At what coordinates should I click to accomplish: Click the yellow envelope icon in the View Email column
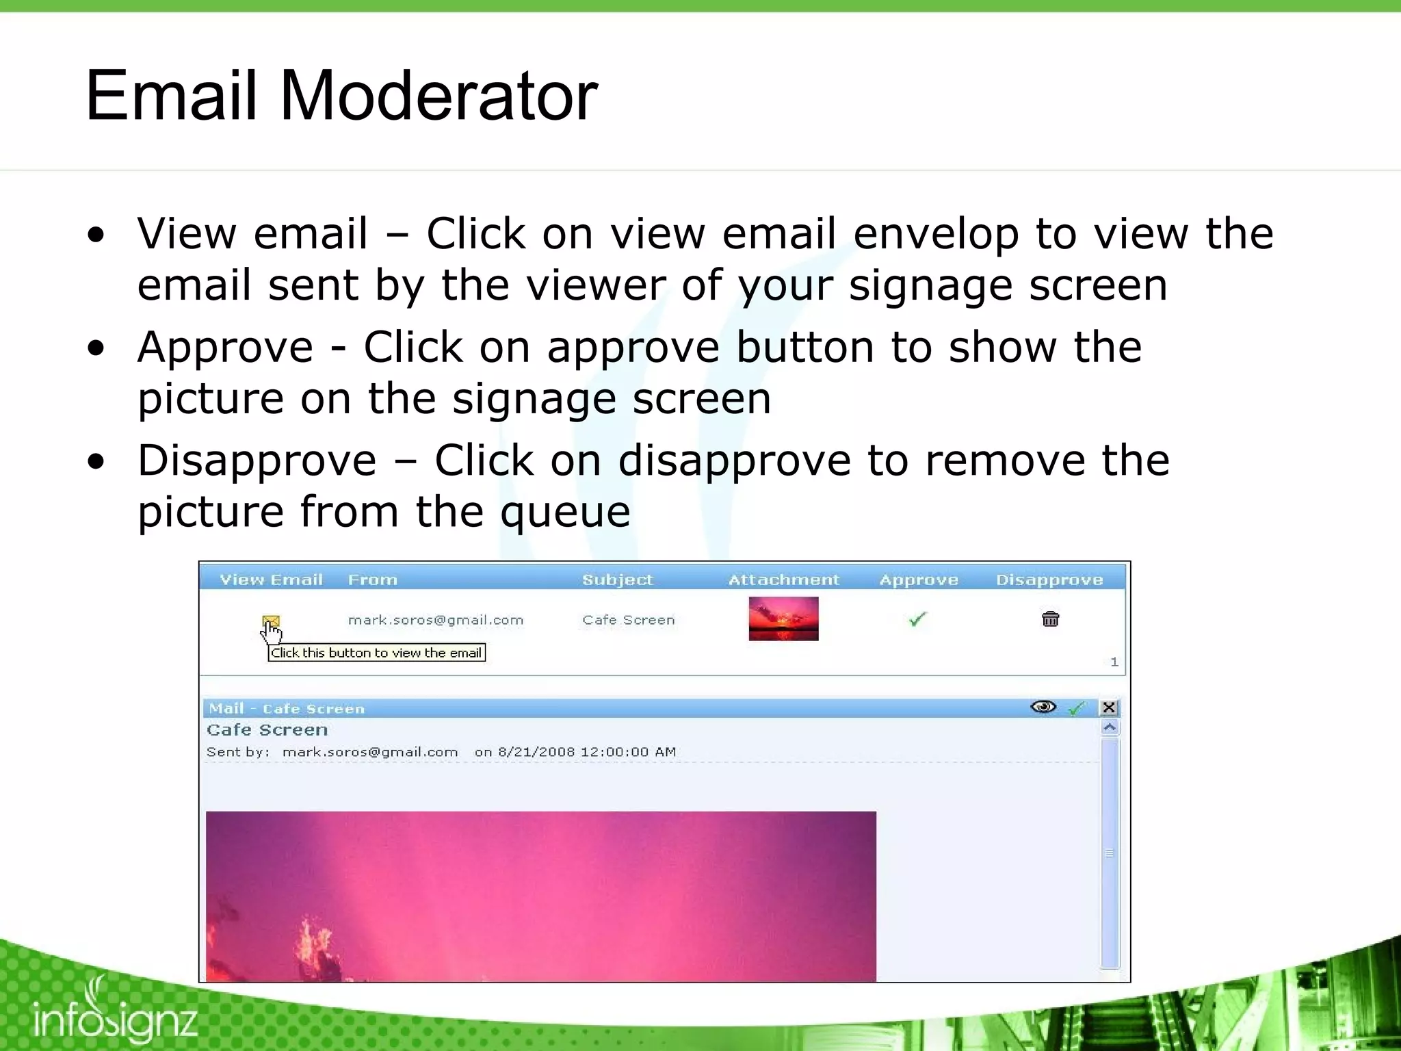[271, 621]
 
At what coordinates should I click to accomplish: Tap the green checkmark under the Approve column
[917, 619]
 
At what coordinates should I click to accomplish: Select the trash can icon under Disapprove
[1050, 619]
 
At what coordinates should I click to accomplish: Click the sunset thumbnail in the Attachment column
[783, 619]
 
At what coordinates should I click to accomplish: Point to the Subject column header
[617, 580]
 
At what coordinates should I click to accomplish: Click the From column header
[372, 580]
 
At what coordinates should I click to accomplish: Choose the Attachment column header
[783, 580]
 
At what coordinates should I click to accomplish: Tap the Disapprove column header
[1049, 580]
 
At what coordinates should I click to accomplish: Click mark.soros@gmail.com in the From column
[436, 620]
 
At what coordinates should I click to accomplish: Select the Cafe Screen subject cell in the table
[628, 620]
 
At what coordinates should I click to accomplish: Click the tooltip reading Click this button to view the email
[376, 653]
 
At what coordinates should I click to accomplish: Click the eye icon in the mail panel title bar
[1043, 707]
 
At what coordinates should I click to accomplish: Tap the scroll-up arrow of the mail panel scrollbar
[1110, 727]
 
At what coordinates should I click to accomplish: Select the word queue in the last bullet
[564, 513]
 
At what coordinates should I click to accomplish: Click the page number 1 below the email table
[1114, 662]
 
